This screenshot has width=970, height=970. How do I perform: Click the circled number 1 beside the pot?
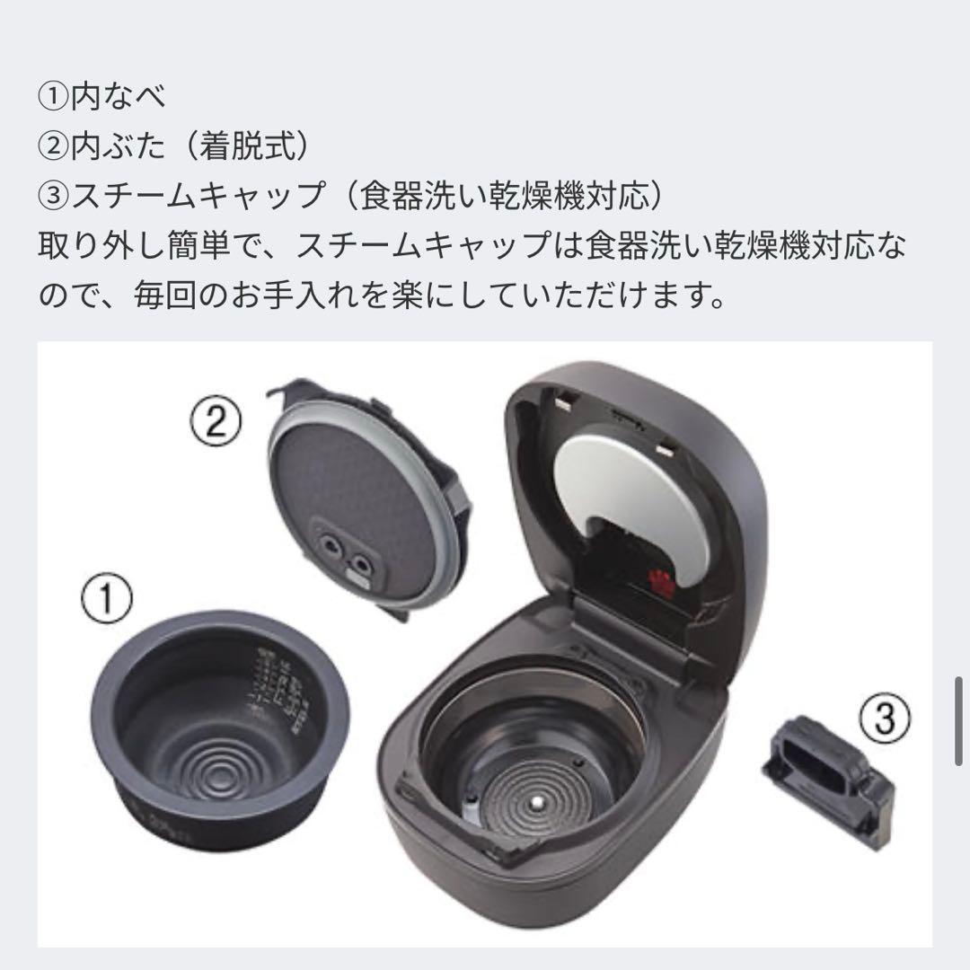pos(106,599)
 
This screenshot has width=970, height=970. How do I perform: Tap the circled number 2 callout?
pos(215,419)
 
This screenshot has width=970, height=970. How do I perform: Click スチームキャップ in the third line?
pos(197,195)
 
